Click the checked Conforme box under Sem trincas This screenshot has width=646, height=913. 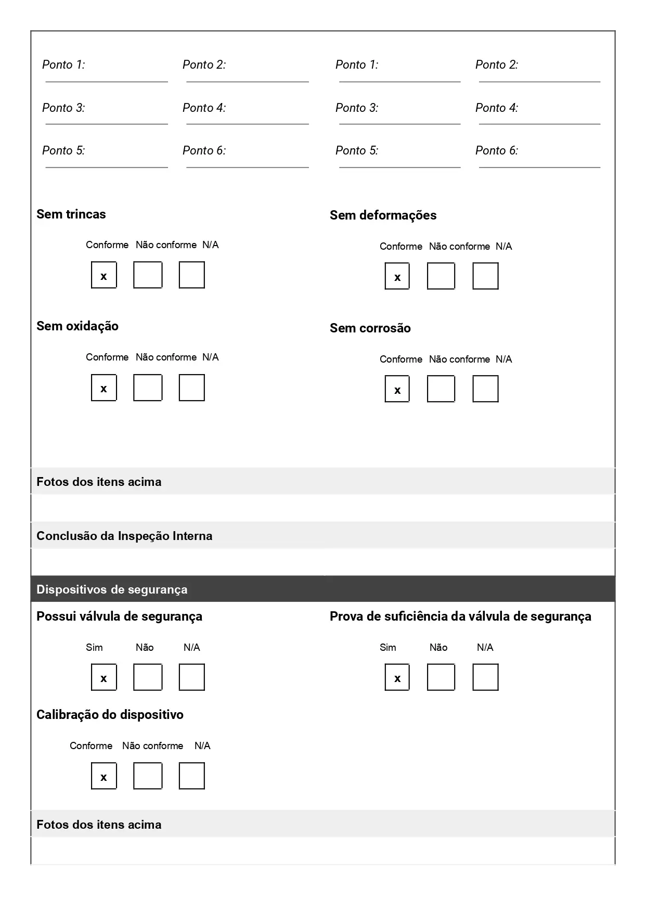tap(104, 275)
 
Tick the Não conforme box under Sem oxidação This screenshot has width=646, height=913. tap(148, 388)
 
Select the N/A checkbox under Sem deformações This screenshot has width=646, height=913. tap(485, 276)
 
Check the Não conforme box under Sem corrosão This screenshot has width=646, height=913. tap(441, 389)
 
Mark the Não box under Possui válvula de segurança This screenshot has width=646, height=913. tap(148, 677)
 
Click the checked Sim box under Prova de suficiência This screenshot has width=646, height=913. tap(397, 677)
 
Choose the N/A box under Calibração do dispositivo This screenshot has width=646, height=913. tap(191, 776)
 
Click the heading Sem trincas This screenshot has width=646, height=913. tap(71, 214)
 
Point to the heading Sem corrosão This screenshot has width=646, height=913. tap(370, 328)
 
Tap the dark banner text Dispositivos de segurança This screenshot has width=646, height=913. tap(112, 589)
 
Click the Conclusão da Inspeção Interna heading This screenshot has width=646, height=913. tap(124, 536)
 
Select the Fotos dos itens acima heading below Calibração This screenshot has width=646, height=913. tap(99, 825)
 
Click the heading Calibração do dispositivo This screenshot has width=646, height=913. tap(110, 715)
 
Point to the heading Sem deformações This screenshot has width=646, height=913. tap(383, 215)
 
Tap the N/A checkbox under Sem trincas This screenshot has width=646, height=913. tap(191, 275)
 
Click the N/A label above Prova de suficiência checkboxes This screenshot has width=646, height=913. tap(485, 648)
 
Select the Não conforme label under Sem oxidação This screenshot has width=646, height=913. tap(166, 357)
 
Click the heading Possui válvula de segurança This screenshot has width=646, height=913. tap(119, 616)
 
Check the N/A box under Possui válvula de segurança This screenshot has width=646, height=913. tap(191, 677)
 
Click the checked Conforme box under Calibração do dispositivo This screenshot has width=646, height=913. tap(104, 776)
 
